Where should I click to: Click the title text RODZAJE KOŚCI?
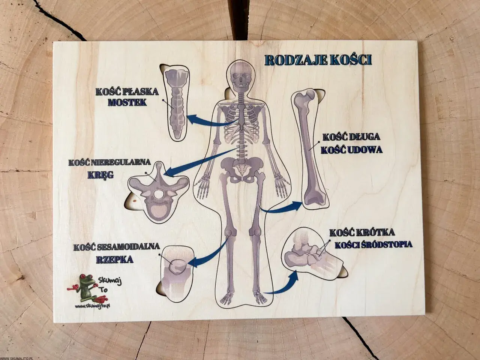[318, 60]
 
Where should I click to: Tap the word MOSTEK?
[127, 102]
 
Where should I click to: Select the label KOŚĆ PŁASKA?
[127, 91]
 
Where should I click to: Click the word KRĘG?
[101, 175]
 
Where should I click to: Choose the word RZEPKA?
[115, 259]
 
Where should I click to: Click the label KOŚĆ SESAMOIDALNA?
[117, 247]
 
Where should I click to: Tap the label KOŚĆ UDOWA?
[352, 150]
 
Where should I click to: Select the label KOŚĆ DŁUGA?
[351, 137]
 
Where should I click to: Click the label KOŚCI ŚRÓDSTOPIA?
[373, 244]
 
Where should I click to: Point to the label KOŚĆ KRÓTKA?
[362, 232]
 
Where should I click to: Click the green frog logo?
[87, 287]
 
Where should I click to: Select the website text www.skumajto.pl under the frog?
[92, 306]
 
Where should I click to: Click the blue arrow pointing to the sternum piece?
[210, 121]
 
